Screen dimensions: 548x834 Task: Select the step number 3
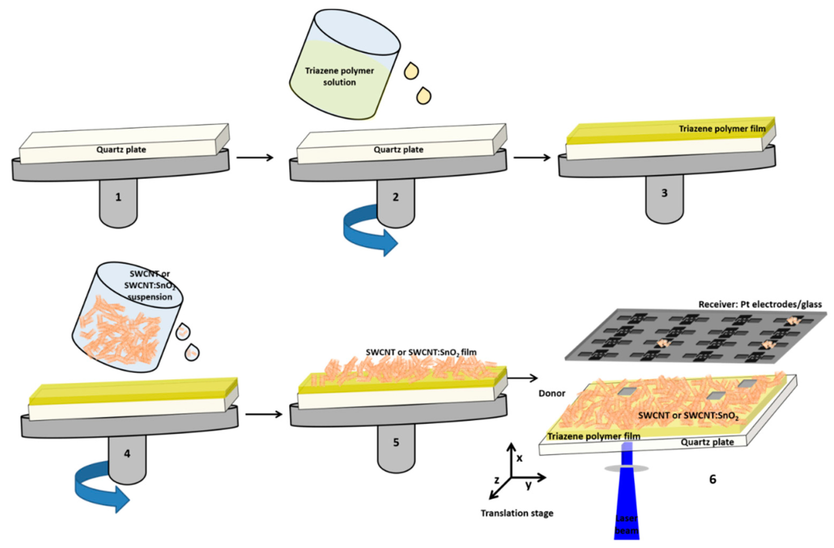pyautogui.click(x=664, y=193)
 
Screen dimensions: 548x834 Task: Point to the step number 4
pyautogui.click(x=127, y=454)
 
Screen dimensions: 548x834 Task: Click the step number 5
pyautogui.click(x=396, y=442)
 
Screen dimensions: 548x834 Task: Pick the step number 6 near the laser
pyautogui.click(x=713, y=479)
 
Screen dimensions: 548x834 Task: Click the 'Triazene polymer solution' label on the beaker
pyautogui.click(x=339, y=76)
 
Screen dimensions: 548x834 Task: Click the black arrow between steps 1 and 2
pyautogui.click(x=255, y=158)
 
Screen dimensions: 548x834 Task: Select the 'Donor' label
pyautogui.click(x=552, y=393)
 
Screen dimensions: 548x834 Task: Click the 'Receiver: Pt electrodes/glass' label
pyautogui.click(x=760, y=304)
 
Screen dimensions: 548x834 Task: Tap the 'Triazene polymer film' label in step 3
pyautogui.click(x=722, y=129)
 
